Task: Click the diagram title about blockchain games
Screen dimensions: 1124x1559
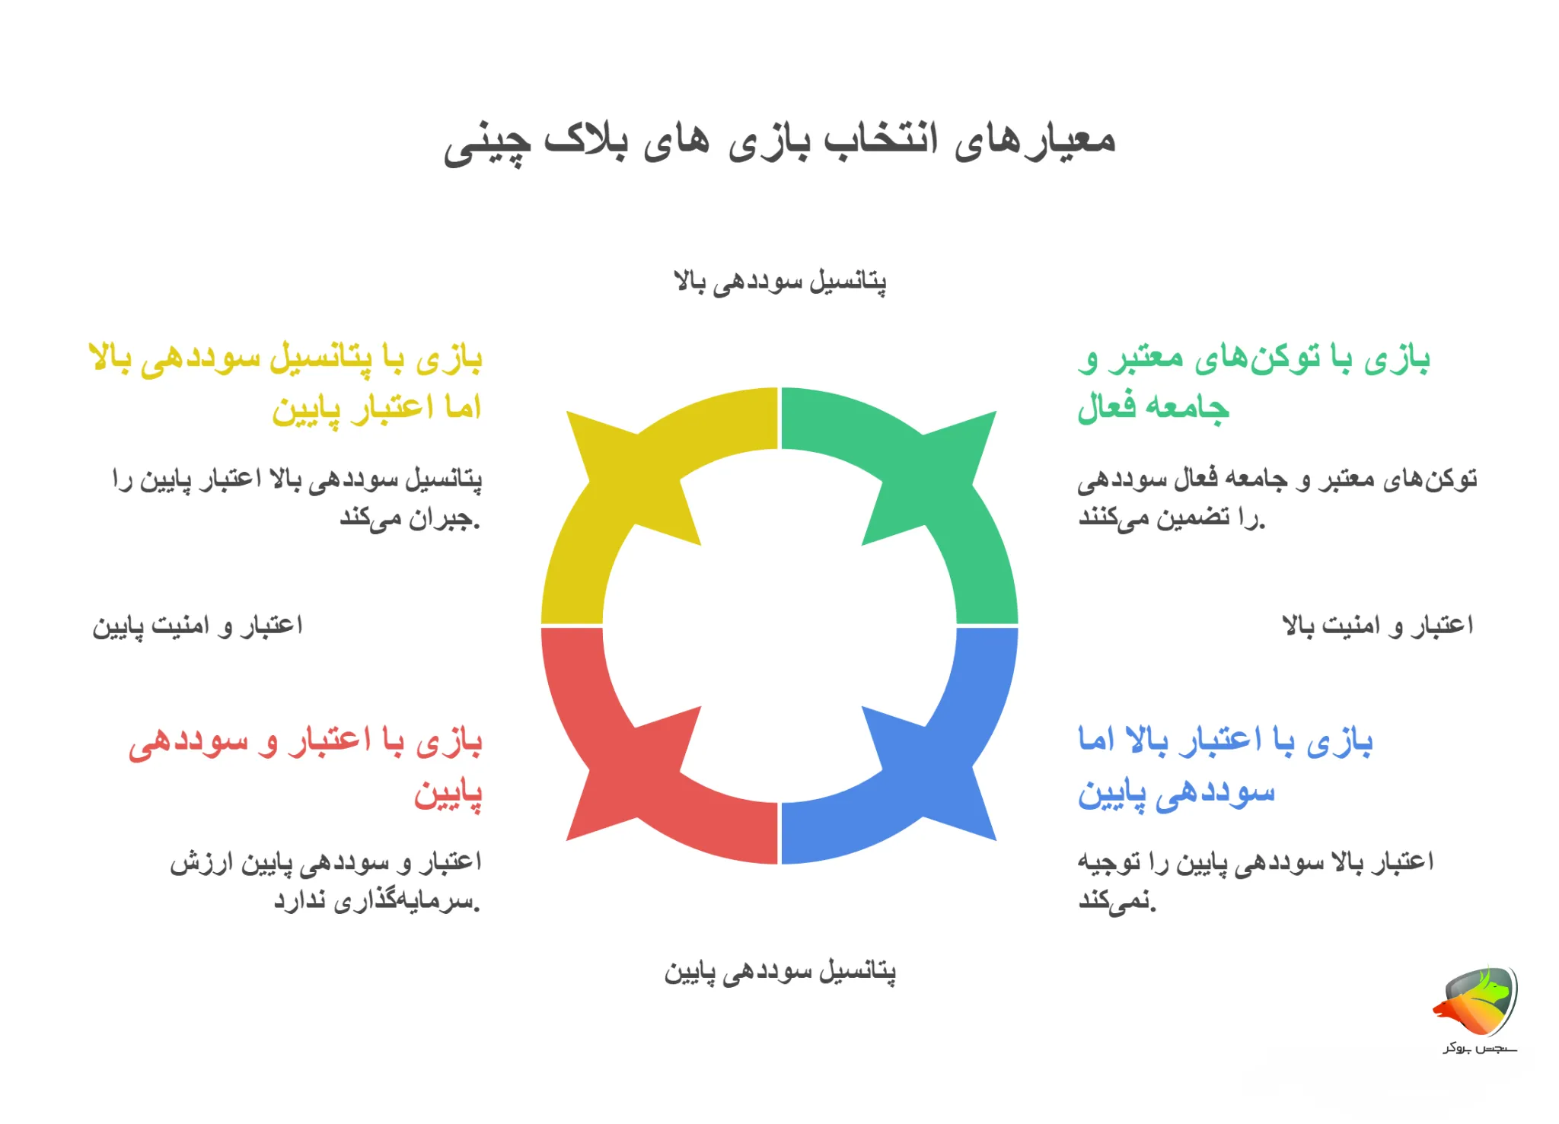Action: coord(779,142)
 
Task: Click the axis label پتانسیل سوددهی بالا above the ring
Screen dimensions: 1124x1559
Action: coord(779,282)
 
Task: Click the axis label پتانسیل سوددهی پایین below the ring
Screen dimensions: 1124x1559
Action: coord(779,972)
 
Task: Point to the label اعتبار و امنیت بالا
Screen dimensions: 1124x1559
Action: coord(1378,626)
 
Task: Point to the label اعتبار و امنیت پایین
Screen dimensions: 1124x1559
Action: coord(198,626)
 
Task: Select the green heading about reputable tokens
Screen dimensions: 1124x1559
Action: coord(1253,383)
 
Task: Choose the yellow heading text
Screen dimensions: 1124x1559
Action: coord(286,383)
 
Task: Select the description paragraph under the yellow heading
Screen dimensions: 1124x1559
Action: coord(297,498)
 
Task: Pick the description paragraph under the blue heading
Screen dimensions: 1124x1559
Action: coord(1255,881)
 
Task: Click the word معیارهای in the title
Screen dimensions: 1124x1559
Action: coord(1035,142)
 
